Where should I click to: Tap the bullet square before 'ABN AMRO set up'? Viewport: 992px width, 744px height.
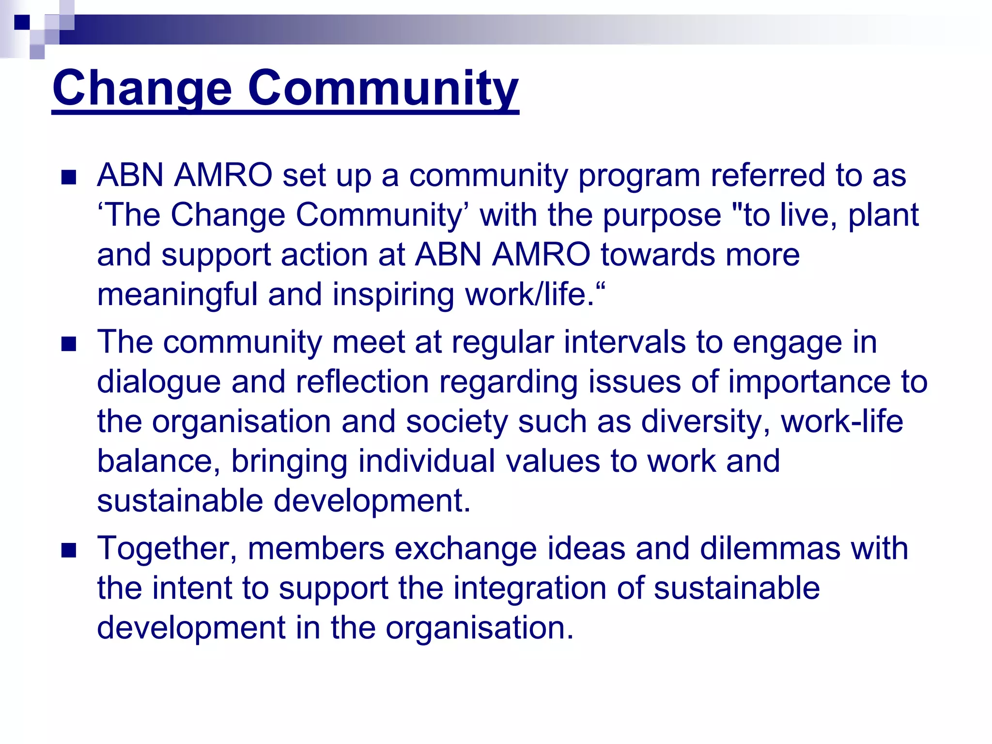(x=69, y=177)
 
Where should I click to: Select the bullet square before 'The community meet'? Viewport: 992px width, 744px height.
(x=69, y=344)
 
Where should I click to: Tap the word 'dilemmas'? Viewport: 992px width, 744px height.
(x=770, y=548)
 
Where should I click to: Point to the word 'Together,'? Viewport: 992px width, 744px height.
(x=167, y=549)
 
